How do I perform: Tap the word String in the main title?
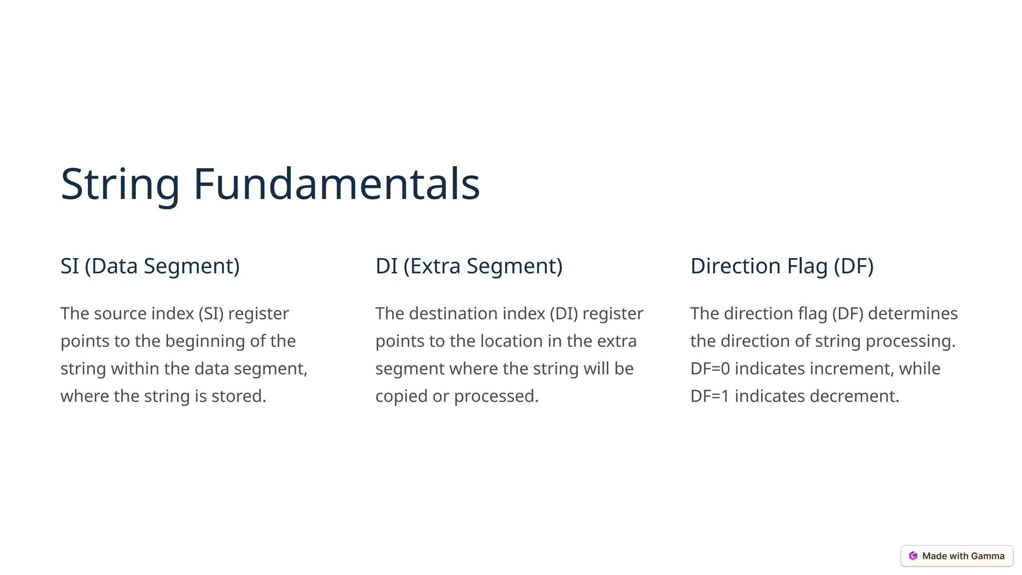(120, 185)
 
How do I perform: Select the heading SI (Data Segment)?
(150, 266)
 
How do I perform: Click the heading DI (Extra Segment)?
(469, 266)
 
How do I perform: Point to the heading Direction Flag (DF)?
(782, 266)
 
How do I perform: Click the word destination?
(453, 313)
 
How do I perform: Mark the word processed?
(496, 396)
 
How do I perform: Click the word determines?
(913, 313)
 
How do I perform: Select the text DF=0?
(710, 369)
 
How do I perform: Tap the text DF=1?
(710, 396)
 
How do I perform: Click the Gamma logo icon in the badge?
(913, 556)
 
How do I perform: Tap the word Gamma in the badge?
(988, 556)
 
